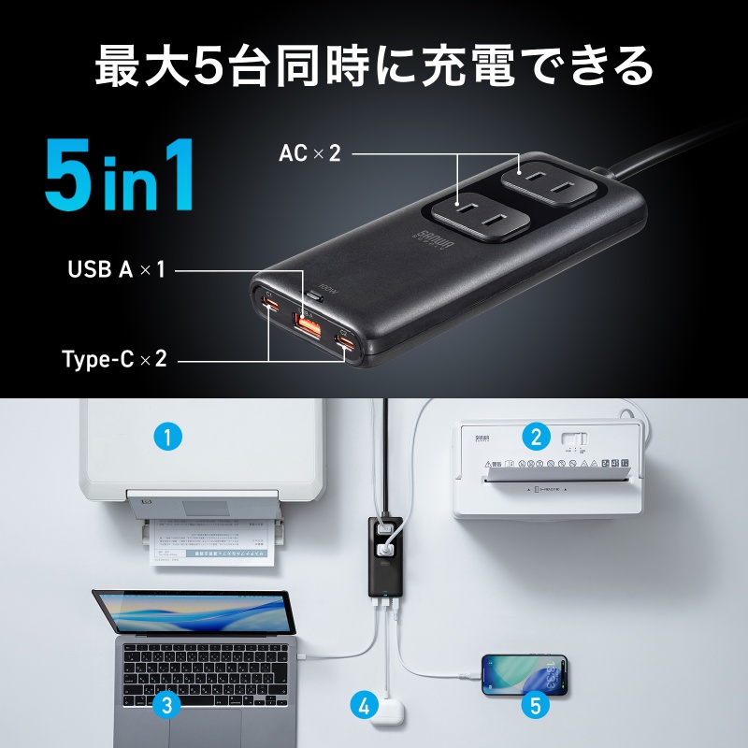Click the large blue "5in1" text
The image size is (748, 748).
(120, 176)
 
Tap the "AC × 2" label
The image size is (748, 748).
(309, 152)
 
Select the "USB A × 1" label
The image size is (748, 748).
(116, 270)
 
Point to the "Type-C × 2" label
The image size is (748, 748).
(114, 358)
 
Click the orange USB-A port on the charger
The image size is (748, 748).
(308, 325)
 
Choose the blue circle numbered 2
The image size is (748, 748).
(535, 435)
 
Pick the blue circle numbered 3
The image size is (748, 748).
(165, 704)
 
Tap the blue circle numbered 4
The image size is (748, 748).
(365, 704)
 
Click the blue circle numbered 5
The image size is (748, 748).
(535, 704)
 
